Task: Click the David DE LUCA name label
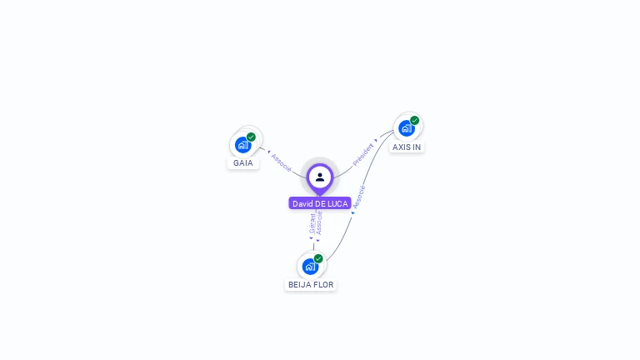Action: [320, 203]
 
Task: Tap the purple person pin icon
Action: [320, 177]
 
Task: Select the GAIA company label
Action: [243, 162]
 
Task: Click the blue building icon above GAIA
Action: [242, 145]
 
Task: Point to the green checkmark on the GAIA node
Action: [251, 137]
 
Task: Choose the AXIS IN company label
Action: [407, 147]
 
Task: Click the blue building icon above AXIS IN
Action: [406, 128]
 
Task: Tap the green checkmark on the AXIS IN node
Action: [414, 121]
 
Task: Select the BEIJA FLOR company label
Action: [311, 284]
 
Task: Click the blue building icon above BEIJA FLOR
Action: [310, 267]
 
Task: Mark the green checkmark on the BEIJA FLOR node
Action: [318, 259]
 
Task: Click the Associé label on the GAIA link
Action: [281, 163]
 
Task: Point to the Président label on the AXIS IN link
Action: [363, 155]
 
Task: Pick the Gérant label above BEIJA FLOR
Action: [312, 223]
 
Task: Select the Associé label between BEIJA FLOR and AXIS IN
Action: [359, 197]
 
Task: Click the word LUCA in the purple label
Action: [337, 203]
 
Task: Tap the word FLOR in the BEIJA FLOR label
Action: [323, 284]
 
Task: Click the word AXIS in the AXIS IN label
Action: [401, 147]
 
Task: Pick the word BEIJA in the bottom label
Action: [300, 284]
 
